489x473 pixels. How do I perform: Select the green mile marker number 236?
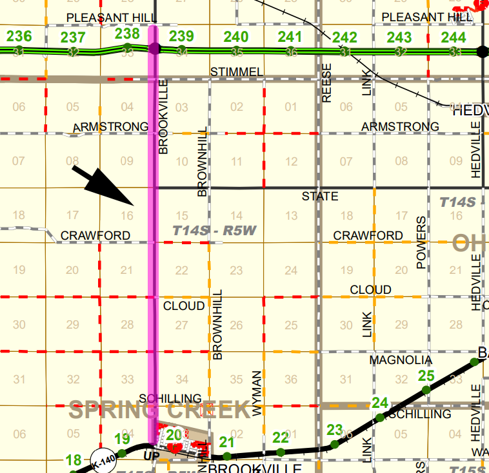[x=19, y=36]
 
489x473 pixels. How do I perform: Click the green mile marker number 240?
[x=236, y=37]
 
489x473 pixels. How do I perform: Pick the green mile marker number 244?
[x=454, y=37]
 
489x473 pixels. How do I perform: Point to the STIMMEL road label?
[x=237, y=72]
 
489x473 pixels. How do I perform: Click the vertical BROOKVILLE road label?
[x=163, y=117]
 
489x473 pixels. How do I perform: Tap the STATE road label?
[x=320, y=196]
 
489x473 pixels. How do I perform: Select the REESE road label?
[x=326, y=83]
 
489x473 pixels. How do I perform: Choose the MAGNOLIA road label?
[x=400, y=360]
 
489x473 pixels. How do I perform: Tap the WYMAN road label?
[x=257, y=392]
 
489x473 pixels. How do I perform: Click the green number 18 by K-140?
[x=74, y=460]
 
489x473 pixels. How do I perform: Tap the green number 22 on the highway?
[x=280, y=438]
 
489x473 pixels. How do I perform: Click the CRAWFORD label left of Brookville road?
[x=95, y=236]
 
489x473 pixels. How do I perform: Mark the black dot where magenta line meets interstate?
[x=154, y=48]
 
